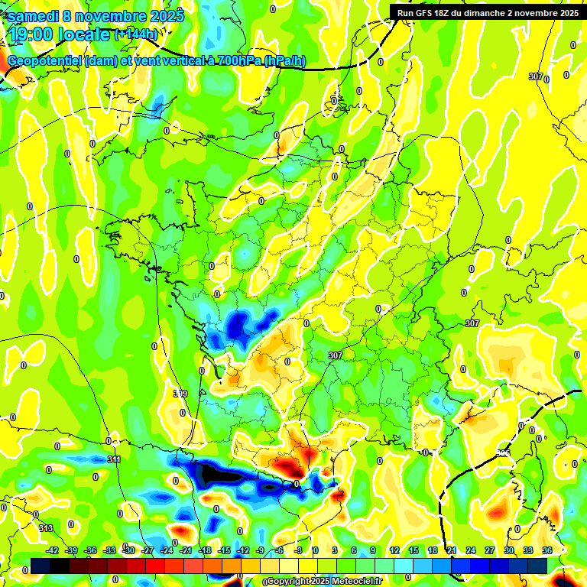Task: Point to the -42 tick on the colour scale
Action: coord(53,550)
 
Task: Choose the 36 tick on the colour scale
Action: coord(546,550)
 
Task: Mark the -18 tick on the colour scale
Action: coord(205,550)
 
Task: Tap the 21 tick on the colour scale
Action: coord(451,550)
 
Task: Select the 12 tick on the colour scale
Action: coord(394,550)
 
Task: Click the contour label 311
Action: coord(114,459)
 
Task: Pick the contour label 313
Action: coord(46,529)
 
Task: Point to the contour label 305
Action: coord(502,453)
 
